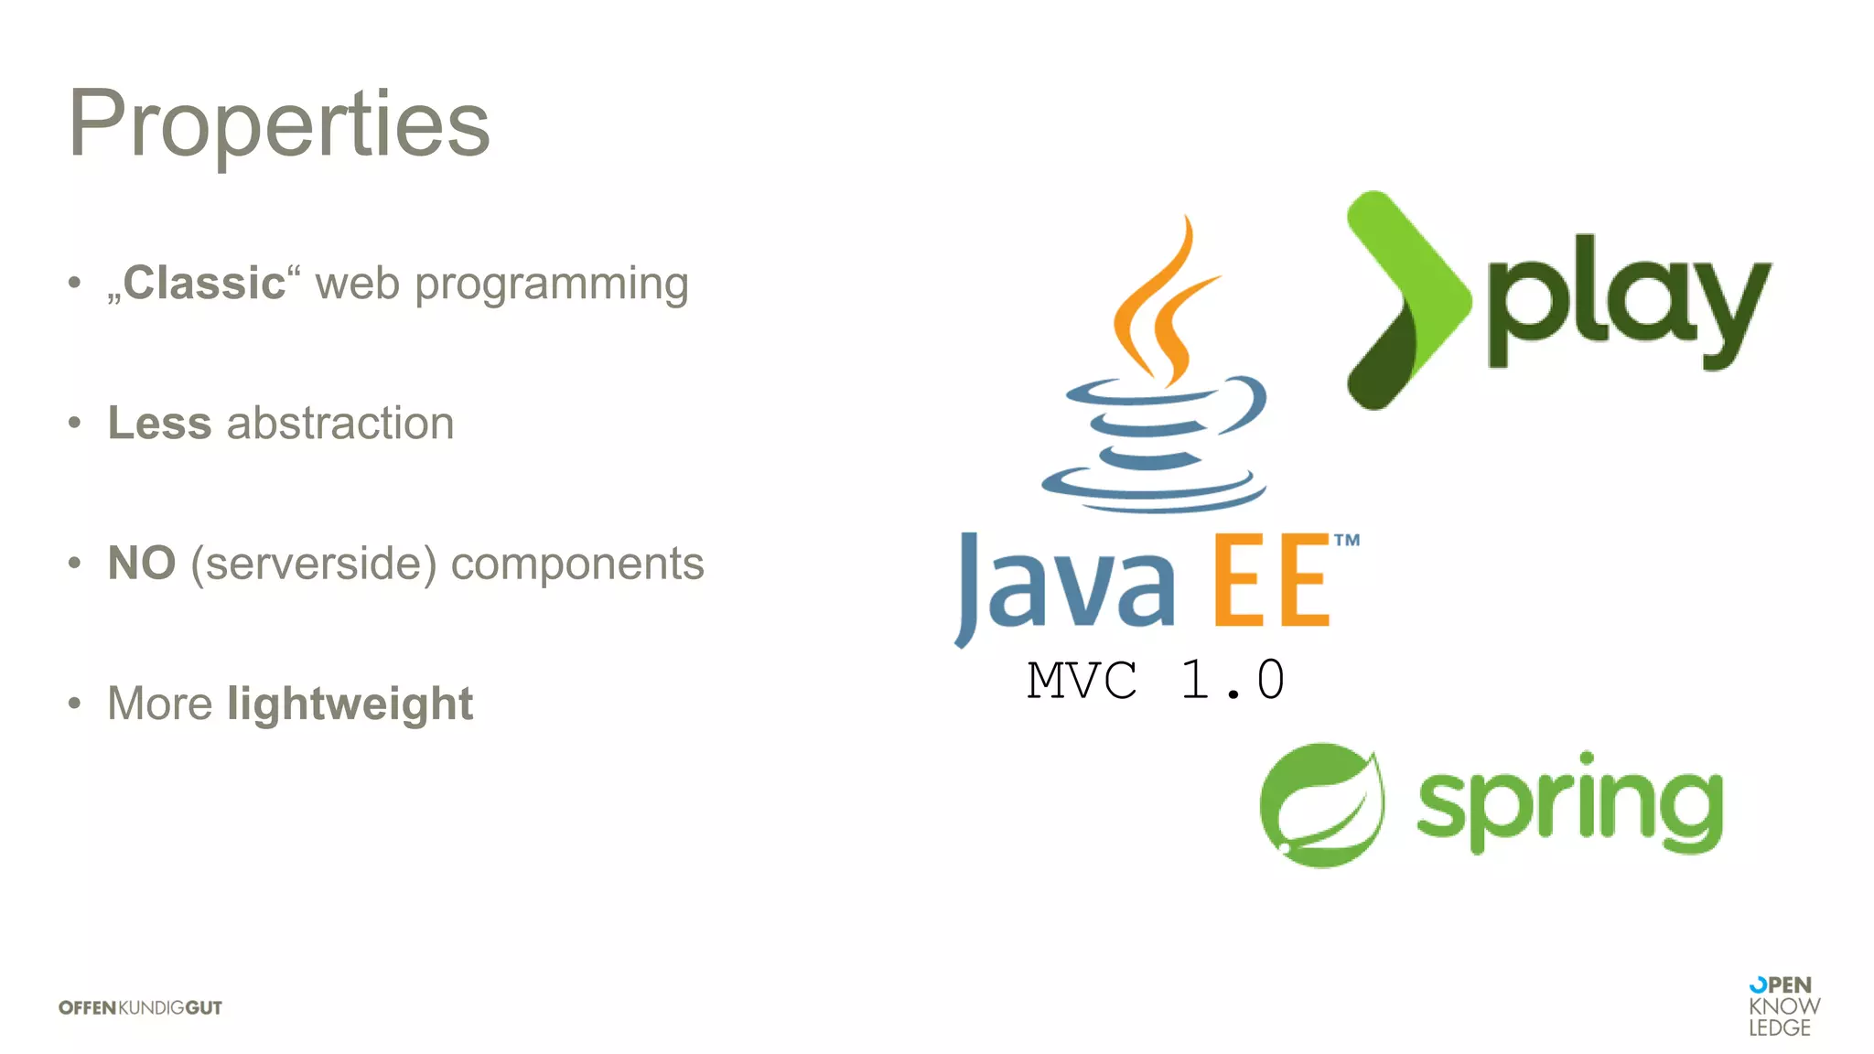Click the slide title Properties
(279, 124)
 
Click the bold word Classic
(204, 283)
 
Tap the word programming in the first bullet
(551, 285)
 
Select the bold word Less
(159, 423)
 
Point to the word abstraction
(340, 423)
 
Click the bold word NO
(142, 563)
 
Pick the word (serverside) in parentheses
(313, 564)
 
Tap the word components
(577, 564)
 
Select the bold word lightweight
(350, 704)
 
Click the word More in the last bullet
(160, 704)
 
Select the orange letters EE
(1272, 582)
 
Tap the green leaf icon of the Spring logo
(1320, 805)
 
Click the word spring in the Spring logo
(1569, 803)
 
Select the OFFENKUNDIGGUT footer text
(140, 1007)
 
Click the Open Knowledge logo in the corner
(1782, 1006)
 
